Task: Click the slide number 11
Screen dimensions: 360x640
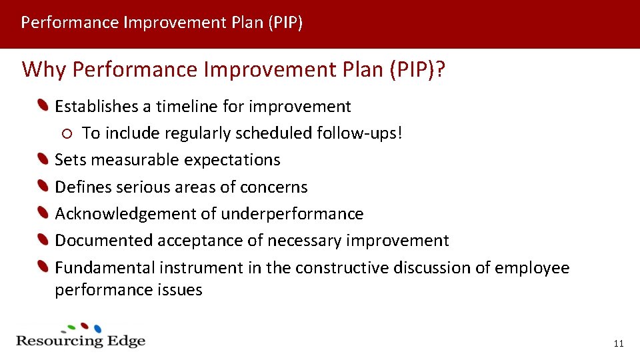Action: (x=618, y=343)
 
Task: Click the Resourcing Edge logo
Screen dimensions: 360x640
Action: (x=81, y=337)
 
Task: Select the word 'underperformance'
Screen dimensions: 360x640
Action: (x=292, y=214)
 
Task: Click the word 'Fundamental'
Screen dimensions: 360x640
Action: (x=105, y=268)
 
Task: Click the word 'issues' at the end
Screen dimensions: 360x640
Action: (x=180, y=290)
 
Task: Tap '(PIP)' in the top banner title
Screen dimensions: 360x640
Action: (x=285, y=23)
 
